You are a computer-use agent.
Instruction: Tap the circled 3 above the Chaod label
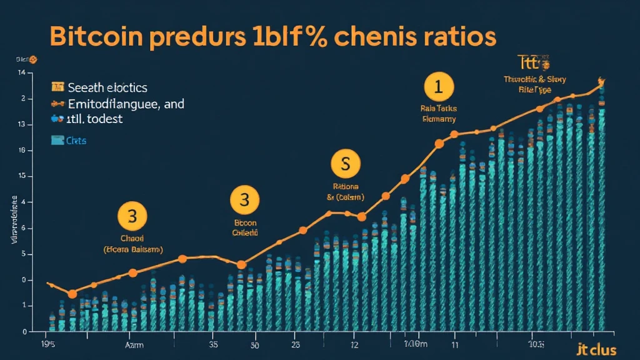click(x=132, y=217)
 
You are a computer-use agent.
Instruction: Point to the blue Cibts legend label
click(x=76, y=141)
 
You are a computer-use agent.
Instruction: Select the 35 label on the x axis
click(x=213, y=344)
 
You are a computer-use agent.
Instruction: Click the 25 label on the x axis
click(x=296, y=344)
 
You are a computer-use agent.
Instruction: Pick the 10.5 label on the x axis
click(x=536, y=344)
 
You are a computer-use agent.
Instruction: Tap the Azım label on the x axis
click(x=134, y=344)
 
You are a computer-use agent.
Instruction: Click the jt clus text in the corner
click(x=597, y=349)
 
